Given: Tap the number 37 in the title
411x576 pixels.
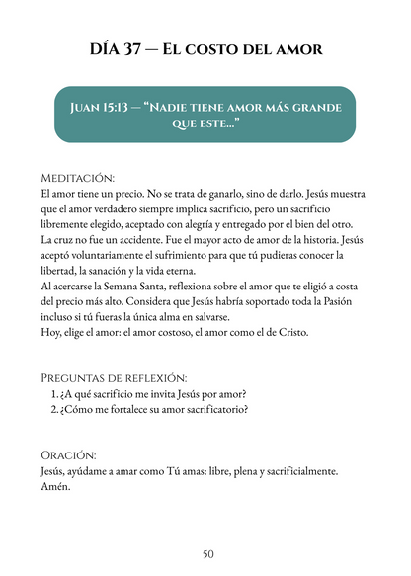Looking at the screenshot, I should tap(140, 50).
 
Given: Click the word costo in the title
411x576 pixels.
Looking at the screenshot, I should tap(232, 50).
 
